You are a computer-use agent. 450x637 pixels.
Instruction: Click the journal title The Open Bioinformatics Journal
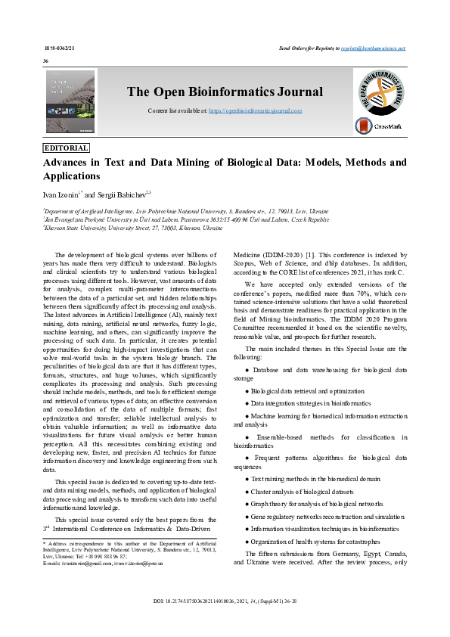[225, 92]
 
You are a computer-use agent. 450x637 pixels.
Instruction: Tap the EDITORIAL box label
[67, 148]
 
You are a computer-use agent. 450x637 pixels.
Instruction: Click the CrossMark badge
[380, 126]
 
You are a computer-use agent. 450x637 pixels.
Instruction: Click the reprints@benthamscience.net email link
[373, 47]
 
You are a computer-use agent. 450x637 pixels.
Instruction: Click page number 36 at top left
[46, 61]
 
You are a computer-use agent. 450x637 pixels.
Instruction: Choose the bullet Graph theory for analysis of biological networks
[317, 504]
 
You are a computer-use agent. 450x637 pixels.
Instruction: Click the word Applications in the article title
[72, 176]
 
